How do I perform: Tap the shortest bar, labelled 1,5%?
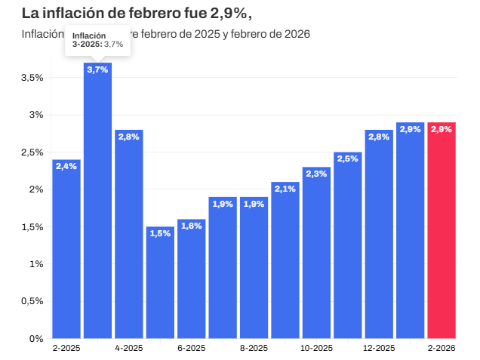coord(160,283)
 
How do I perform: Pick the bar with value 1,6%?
coord(191,279)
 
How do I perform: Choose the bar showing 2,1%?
coord(285,260)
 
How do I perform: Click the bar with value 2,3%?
coord(316,253)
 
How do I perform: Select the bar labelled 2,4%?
coord(66,249)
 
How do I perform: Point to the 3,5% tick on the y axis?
coord(31,78)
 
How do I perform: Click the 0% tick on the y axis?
coord(35,338)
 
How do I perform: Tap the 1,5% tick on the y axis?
coord(31,226)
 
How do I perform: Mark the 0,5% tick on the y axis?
coord(31,301)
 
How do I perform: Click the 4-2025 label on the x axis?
coord(129,349)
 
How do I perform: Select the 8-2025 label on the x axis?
coord(254,349)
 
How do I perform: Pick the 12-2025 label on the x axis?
coord(379,349)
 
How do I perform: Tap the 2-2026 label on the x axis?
coord(442,349)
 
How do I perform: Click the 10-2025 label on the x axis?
coord(316,349)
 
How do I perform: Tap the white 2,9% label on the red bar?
coord(442,129)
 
